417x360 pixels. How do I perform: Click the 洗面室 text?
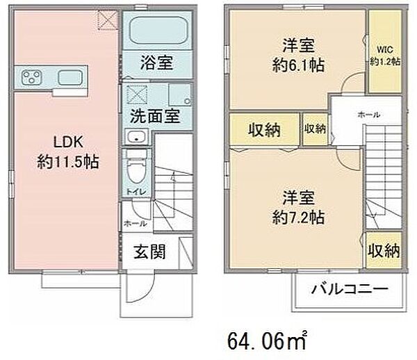[x=153, y=115]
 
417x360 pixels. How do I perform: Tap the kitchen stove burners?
[x=32, y=76]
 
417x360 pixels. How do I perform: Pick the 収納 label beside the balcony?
[x=383, y=248]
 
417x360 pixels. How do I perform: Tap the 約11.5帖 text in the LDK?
[x=67, y=163]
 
